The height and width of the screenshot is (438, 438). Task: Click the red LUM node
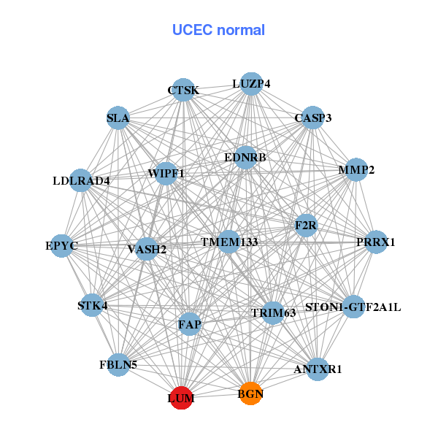pos(182,398)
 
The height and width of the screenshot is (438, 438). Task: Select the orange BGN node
pos(251,393)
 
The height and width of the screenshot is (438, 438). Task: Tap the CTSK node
pos(183,90)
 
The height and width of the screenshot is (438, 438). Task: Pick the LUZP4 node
pos(251,84)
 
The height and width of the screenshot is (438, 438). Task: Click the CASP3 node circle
pos(313,118)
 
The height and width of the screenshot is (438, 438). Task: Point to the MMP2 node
pos(356,169)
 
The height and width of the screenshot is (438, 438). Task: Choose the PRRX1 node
pos(376,242)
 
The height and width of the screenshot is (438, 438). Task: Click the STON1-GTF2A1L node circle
pos(353,307)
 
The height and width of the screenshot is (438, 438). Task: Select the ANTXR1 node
pos(318,369)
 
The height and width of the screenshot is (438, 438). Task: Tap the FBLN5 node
pos(118,365)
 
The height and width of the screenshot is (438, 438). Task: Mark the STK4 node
pos(92,305)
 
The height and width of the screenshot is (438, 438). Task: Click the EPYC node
pos(62,246)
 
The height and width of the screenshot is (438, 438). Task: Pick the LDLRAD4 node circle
pos(81,180)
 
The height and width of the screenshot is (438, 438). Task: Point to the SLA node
pos(118,118)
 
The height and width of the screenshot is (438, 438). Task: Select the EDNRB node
pos(245,158)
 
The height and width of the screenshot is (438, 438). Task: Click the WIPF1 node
pos(166,174)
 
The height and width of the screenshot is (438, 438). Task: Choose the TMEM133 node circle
pos(229,242)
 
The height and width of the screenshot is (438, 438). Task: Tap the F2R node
pos(306,226)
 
